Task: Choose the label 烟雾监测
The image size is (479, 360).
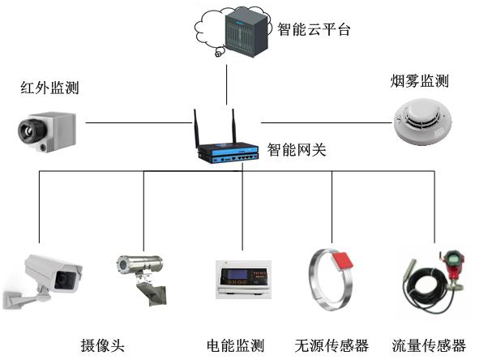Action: click(420, 82)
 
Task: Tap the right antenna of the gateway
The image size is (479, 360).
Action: click(233, 124)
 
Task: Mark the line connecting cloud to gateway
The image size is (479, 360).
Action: click(226, 85)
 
